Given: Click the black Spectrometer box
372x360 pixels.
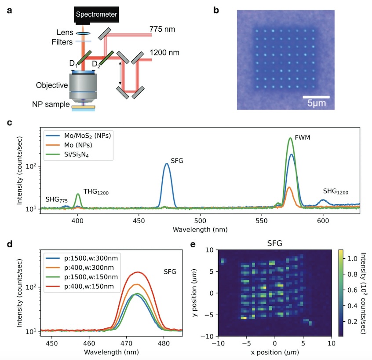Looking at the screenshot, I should (96, 15).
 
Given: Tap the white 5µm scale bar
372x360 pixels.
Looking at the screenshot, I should (316, 96).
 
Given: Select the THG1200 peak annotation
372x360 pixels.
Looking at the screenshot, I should (96, 192).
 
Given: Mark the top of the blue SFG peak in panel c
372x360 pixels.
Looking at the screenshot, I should (167, 164).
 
